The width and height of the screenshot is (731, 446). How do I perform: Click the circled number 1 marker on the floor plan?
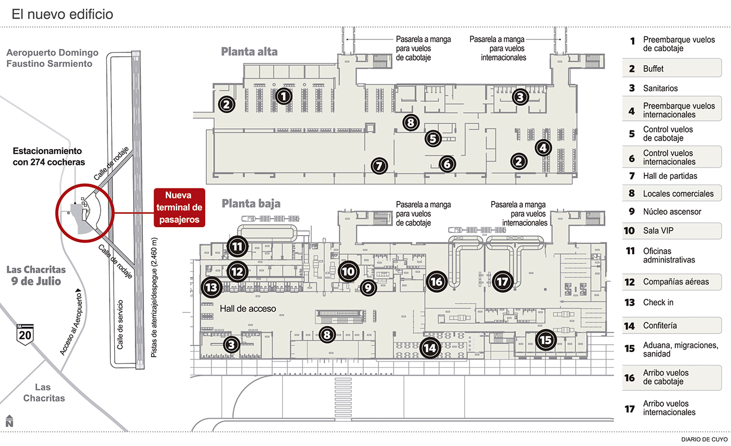tap(284, 96)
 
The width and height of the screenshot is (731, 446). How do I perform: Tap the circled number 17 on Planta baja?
tap(502, 281)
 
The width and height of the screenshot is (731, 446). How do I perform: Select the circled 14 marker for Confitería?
tap(430, 348)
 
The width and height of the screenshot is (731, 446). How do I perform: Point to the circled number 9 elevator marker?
tap(368, 289)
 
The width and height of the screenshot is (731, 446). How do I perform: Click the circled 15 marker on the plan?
tap(545, 339)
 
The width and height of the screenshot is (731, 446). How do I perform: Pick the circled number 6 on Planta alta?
tap(446, 164)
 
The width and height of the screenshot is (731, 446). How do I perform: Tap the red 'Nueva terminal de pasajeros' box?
tap(179, 208)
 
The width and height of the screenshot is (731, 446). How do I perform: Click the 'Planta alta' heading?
tap(249, 52)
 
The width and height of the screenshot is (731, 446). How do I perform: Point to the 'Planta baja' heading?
tap(251, 203)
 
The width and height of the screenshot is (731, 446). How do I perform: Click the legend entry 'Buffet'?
tap(653, 69)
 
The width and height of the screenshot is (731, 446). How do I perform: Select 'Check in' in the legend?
tap(658, 303)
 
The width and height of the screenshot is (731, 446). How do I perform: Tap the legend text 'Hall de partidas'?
tap(670, 176)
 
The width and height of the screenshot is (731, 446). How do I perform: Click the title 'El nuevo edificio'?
tap(62, 14)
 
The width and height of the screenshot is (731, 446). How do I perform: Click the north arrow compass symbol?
tap(10, 421)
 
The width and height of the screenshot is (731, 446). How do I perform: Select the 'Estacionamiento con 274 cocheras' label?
tap(48, 157)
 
